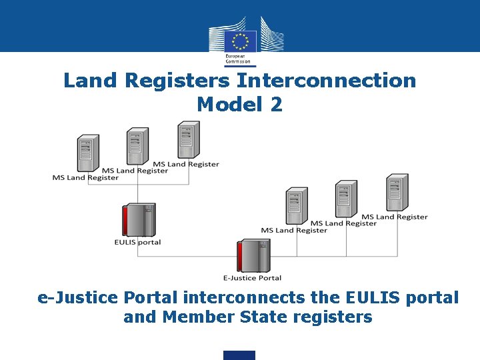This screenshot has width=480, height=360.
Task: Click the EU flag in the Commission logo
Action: pyautogui.click(x=239, y=41)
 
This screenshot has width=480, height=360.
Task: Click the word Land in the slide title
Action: pyautogui.click(x=91, y=81)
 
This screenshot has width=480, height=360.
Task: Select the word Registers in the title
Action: pyautogui.click(x=177, y=81)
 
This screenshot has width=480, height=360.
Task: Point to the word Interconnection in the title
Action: pyautogui.click(x=326, y=81)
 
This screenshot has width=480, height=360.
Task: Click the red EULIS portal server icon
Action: pyautogui.click(x=138, y=219)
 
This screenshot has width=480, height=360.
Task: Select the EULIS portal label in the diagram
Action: pyautogui.click(x=137, y=242)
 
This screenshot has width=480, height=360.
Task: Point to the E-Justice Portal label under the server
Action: pyautogui.click(x=252, y=277)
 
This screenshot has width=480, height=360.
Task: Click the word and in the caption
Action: pyautogui.click(x=139, y=317)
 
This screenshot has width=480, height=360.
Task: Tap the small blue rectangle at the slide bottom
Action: pyautogui.click(x=239, y=355)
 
